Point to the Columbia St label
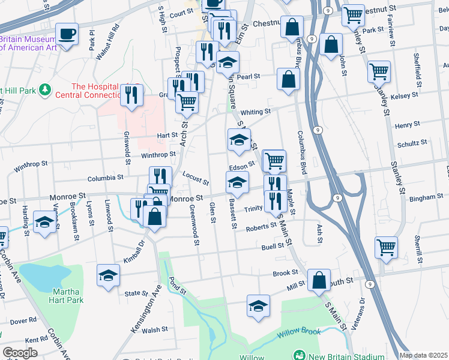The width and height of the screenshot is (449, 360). click(104, 178)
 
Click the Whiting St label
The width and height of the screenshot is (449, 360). click(256, 112)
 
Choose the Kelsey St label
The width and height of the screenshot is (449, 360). click(403, 96)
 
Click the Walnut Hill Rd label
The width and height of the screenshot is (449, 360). click(116, 41)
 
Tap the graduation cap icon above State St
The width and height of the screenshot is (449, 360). click(108, 275)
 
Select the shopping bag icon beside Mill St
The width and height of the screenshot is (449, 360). click(319, 280)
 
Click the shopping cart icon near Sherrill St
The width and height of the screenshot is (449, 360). click(385, 247)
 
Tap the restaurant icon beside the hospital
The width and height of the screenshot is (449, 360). click(131, 94)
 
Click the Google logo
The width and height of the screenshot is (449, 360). click(20, 353)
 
